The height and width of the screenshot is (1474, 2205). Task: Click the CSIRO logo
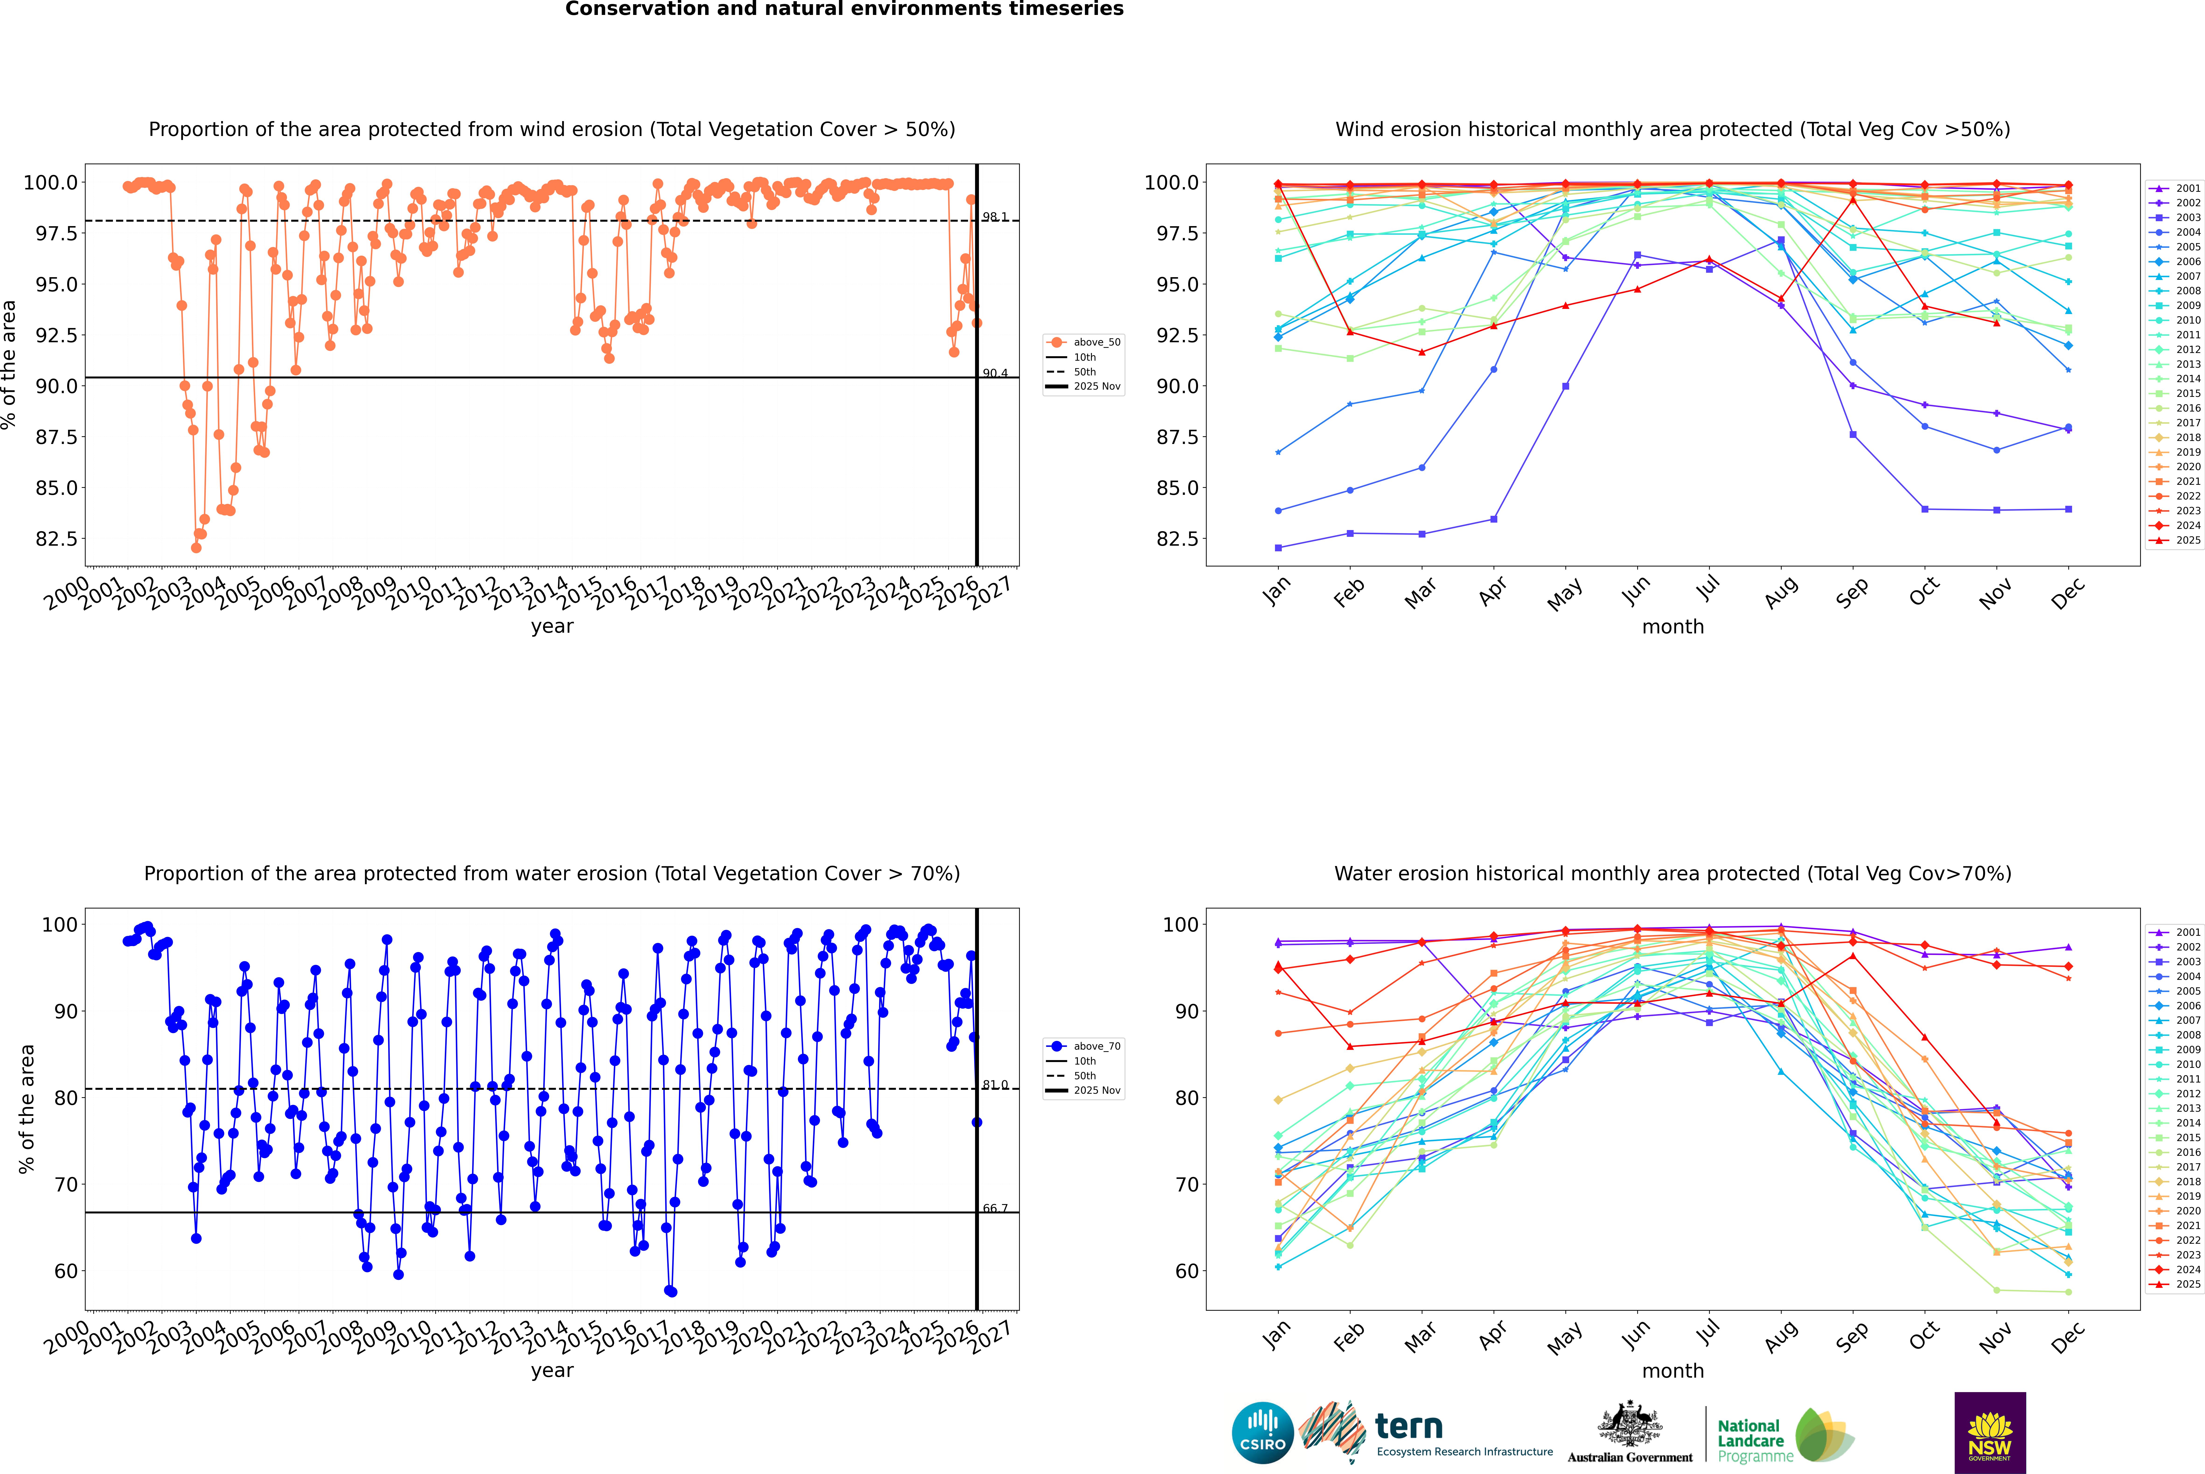(x=1262, y=1433)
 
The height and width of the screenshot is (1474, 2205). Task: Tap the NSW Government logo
(x=1990, y=1433)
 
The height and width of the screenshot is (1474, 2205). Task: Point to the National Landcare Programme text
(x=1750, y=1440)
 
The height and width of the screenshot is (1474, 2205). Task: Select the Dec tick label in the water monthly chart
(x=2067, y=1336)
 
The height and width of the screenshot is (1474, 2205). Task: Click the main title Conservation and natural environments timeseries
(x=844, y=9)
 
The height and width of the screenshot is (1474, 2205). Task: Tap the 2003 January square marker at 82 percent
(x=1278, y=547)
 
